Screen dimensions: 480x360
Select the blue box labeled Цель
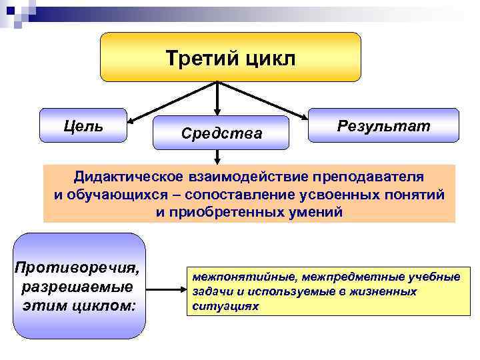pyautogui.click(x=83, y=125)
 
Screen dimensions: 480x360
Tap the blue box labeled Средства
pyautogui.click(x=221, y=133)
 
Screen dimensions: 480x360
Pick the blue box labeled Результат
pyautogui.click(x=383, y=125)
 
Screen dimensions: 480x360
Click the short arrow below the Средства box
pyautogui.click(x=217, y=157)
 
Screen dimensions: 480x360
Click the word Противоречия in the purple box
pyautogui.click(x=78, y=269)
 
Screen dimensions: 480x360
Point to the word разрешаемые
pyautogui.click(x=78, y=287)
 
